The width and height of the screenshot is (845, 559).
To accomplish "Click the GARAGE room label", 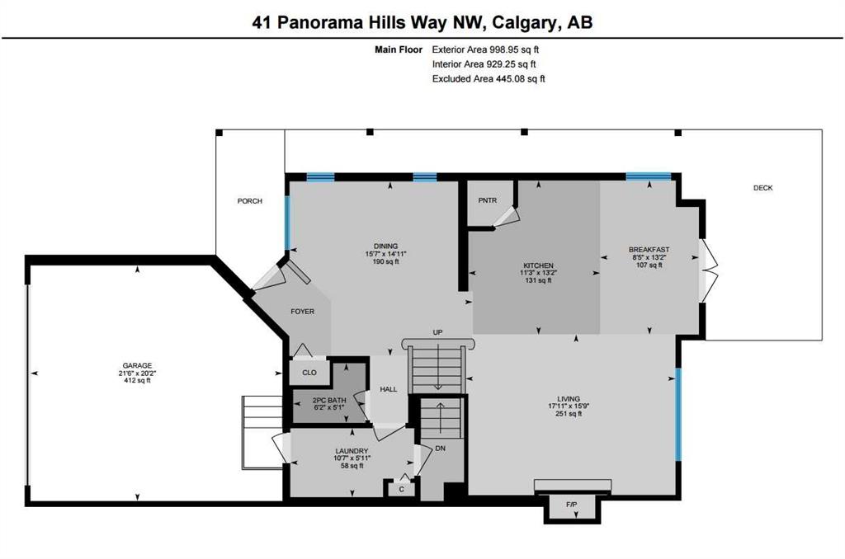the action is point(138,366).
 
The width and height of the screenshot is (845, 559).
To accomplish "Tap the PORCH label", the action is point(249,201).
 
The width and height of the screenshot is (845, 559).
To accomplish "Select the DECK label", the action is point(762,188).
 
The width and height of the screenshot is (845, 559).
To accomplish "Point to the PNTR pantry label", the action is point(487,200).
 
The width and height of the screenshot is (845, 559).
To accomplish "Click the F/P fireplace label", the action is point(571,505).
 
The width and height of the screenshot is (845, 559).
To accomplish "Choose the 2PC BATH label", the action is point(329,401).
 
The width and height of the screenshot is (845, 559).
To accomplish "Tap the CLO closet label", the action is point(309,373).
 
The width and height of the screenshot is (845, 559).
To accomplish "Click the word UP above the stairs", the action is point(437,332).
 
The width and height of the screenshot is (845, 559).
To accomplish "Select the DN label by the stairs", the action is point(441,448).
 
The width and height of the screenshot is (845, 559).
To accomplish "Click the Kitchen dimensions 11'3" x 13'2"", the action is point(538,273).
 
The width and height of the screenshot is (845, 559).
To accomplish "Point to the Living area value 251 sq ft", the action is point(569,414).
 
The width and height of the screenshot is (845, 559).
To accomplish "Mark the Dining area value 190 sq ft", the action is point(386,261).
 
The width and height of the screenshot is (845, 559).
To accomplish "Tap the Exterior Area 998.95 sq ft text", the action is point(485,49).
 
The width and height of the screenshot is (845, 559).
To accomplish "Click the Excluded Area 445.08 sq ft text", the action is point(489,78).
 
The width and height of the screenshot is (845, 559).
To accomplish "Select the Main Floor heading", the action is point(399,49).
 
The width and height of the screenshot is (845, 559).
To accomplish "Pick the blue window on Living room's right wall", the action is point(678,414).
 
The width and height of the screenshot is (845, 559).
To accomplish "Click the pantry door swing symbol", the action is point(507,218).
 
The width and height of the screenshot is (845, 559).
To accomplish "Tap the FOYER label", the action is point(302,312).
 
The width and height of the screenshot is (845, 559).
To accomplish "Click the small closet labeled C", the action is point(402,488).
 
